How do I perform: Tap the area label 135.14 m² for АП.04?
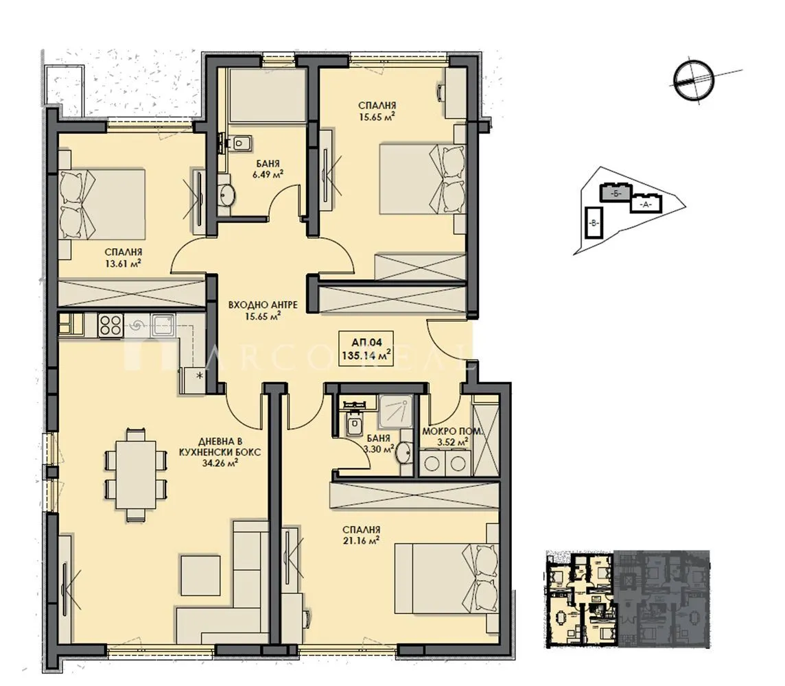click(366, 355)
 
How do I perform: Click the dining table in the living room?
click(134, 473)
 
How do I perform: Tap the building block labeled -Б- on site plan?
click(616, 193)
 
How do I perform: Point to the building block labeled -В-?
click(593, 222)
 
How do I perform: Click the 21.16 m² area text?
click(365, 541)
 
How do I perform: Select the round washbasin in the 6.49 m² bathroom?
click(226, 196)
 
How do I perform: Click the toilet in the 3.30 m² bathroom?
click(354, 425)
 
